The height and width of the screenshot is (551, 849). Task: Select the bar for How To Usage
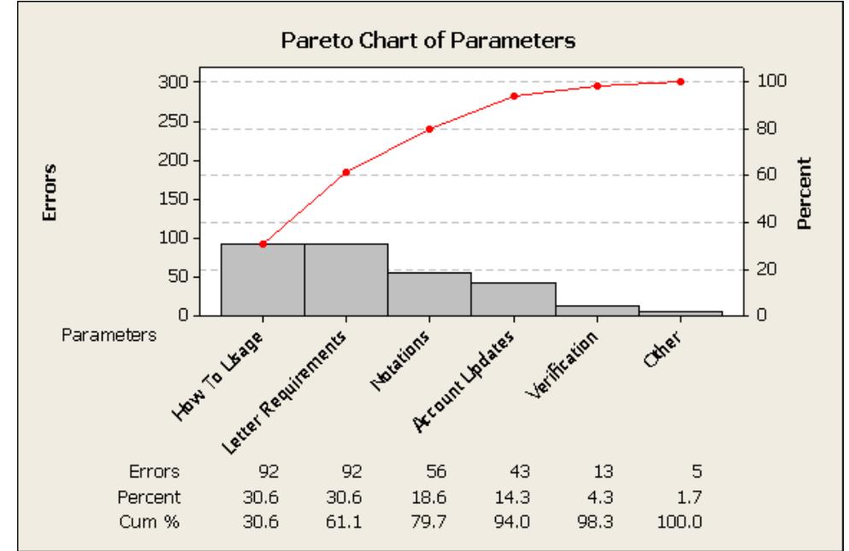coord(262,279)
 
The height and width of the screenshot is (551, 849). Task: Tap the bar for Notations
coord(429,294)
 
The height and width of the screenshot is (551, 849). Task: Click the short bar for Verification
coord(597,310)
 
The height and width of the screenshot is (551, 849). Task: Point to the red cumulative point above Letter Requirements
coord(345,173)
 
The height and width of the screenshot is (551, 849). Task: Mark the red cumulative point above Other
coord(681,82)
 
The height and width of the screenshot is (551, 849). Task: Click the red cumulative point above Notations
coord(429,129)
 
